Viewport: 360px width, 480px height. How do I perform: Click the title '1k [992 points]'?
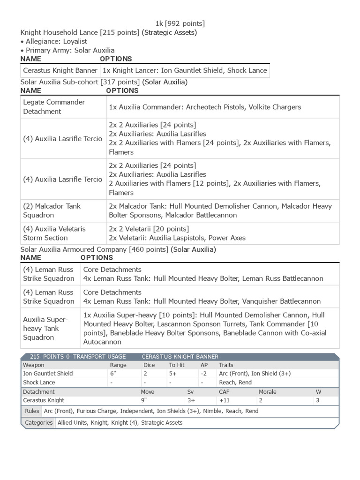click(x=180, y=23)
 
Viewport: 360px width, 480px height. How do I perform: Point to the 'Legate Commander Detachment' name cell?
click(x=54, y=107)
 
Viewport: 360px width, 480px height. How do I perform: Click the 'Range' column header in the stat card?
click(x=118, y=365)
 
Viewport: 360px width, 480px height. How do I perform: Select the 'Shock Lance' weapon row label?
click(x=37, y=382)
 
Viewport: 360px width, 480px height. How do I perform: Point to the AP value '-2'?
click(x=204, y=374)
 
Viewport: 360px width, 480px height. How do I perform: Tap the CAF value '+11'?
click(x=224, y=400)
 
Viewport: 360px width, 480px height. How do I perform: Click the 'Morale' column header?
click(x=267, y=391)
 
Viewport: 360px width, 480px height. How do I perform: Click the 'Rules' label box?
click(x=32, y=411)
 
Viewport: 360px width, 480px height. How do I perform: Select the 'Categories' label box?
click(x=38, y=422)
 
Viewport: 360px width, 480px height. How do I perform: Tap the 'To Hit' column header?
click(x=176, y=365)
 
